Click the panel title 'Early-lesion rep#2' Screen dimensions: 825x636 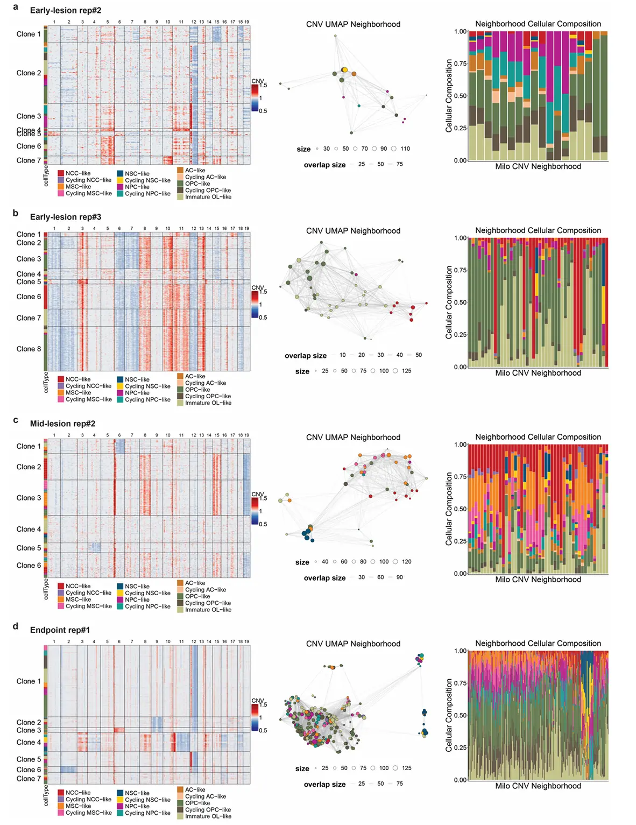tap(66, 10)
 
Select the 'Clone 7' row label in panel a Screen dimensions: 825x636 tap(29, 160)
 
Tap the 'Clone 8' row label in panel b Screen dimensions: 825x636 tap(29, 349)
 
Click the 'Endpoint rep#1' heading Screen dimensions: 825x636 tap(60, 630)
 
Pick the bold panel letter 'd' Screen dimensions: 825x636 tap(16, 626)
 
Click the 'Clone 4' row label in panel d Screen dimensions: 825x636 tap(29, 742)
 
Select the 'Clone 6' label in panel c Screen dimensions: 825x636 tap(29, 565)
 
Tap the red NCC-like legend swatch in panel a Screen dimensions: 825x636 tap(61, 173)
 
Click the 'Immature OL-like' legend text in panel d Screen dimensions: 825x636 tap(208, 816)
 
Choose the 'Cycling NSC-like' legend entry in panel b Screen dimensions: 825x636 tap(147, 386)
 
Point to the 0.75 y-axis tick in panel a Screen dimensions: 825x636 tap(460, 64)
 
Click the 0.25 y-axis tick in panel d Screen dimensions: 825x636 tap(460, 748)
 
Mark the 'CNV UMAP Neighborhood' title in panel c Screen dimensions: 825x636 tap(353, 438)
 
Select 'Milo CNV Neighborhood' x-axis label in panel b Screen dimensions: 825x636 tap(538, 373)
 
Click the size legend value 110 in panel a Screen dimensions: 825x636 tap(405, 149)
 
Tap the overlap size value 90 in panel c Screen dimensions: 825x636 tap(399, 577)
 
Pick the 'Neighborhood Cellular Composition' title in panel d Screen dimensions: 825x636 tap(538, 644)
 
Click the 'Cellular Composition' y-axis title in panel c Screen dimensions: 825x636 tap(449, 509)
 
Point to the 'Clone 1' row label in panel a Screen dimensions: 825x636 tap(29, 34)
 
